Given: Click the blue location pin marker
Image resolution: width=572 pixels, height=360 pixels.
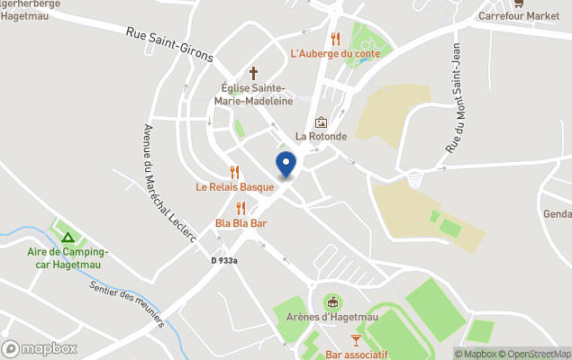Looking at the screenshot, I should pos(286,164).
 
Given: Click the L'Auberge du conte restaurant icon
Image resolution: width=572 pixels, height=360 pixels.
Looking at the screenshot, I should pos(335,39).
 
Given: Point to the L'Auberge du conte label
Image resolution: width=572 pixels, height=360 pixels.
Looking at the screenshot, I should pos(335,53).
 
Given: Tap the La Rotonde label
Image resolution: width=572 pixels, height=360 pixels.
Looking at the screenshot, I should pos(321,137).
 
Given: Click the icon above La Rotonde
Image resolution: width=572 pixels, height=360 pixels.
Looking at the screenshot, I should pos(321,122).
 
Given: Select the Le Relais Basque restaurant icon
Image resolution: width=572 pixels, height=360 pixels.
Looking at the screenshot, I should pos(235,172).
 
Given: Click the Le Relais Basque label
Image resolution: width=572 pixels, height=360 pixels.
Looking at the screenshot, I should pos(235,187).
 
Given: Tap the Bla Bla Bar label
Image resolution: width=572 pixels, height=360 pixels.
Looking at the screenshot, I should pos(241,222).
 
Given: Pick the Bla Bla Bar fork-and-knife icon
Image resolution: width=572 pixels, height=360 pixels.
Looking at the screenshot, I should pos(241,208).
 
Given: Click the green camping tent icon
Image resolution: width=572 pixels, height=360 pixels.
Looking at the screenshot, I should pos(68,238).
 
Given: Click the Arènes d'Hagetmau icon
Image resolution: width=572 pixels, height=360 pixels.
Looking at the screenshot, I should pos(332,301).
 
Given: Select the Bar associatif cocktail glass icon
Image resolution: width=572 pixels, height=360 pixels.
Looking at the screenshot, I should pos(356,339).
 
